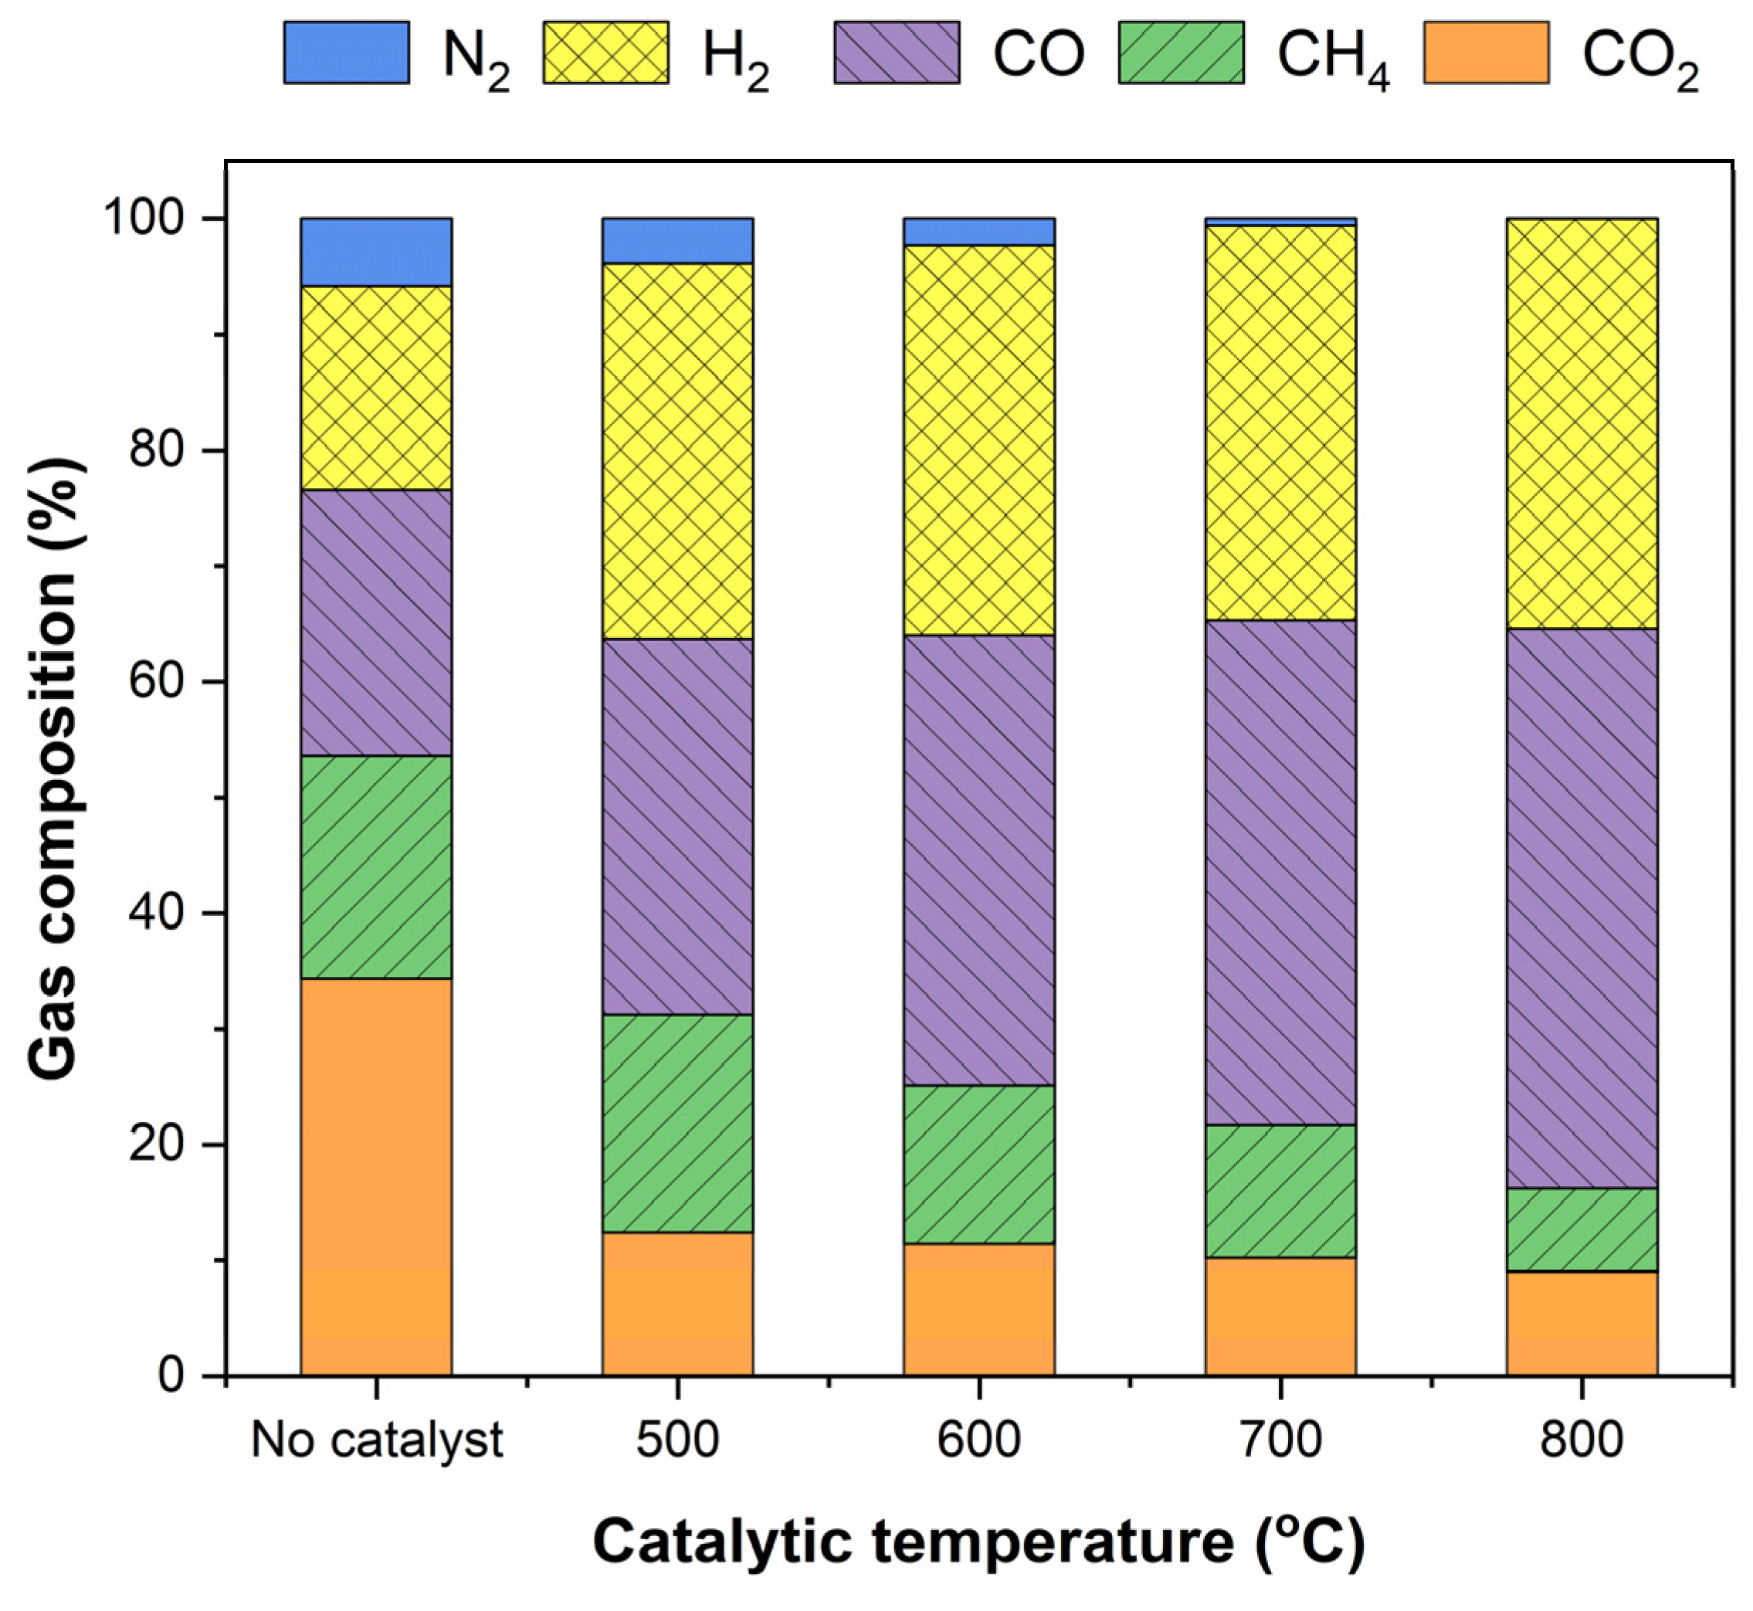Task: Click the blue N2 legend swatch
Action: [346, 53]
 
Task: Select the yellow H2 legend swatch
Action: [606, 53]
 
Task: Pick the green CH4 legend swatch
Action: [1182, 53]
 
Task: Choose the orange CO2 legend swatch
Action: [1487, 53]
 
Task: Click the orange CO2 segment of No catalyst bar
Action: [376, 1176]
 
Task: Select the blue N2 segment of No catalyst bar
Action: [376, 252]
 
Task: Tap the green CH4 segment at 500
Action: [677, 1123]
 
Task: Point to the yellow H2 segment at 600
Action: [979, 440]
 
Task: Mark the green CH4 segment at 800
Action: [1582, 1229]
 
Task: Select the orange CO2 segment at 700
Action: [1280, 1315]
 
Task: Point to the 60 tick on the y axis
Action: [214, 682]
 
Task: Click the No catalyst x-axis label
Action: [377, 1440]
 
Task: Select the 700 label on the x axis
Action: [1280, 1440]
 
